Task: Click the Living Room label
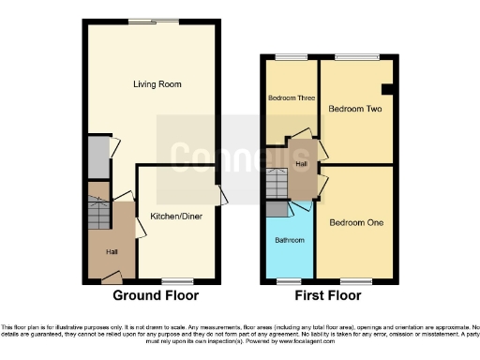point(157,84)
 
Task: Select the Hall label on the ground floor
point(112,251)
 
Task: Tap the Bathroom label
point(290,241)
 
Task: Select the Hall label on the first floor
point(301,164)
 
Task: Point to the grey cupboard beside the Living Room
point(97,157)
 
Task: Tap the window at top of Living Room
point(156,22)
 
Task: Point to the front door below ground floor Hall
point(112,277)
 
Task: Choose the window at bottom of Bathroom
point(289,280)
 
